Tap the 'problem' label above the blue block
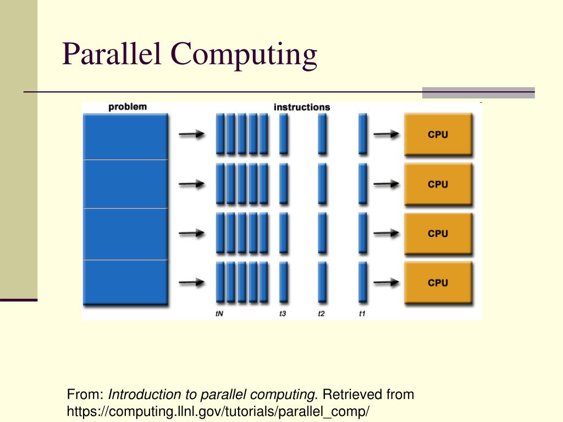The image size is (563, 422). point(128,107)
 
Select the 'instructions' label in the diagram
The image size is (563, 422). point(302,107)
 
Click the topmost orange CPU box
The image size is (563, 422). point(438,135)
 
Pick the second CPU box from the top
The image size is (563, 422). point(438,185)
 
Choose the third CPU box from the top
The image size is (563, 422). point(438,234)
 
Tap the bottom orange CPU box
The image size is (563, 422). point(438,283)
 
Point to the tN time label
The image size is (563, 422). point(219,314)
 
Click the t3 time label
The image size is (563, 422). point(283,314)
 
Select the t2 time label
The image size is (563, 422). point(322,314)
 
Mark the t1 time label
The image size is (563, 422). point(362,314)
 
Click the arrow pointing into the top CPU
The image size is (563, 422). point(386,134)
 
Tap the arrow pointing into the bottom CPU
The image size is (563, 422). point(386,282)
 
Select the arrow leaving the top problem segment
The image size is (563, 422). point(192,134)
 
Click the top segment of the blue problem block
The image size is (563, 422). point(125,136)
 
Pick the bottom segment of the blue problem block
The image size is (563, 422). point(125,282)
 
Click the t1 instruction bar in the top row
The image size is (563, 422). point(363,134)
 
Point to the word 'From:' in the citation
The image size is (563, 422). point(85,395)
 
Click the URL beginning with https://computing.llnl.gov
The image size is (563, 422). point(218,411)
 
